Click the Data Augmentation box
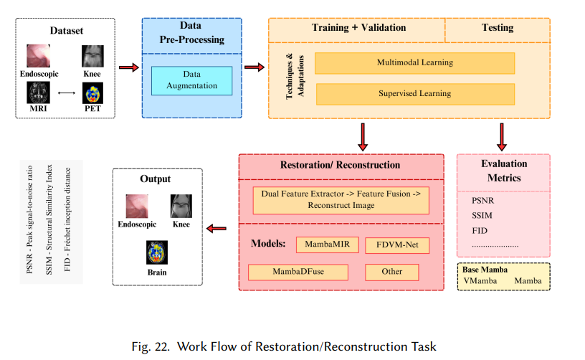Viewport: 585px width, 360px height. click(191, 80)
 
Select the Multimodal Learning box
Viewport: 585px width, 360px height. click(415, 63)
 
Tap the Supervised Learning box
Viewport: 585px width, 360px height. click(415, 94)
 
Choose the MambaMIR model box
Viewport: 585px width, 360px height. click(327, 245)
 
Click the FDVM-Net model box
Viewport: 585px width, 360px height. click(397, 245)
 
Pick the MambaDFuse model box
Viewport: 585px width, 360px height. click(298, 272)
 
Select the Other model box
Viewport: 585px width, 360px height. click(391, 272)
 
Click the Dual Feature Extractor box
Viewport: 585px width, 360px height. click(341, 200)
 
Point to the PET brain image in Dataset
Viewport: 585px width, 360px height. click(92, 93)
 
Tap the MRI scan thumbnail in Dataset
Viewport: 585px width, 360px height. click(38, 93)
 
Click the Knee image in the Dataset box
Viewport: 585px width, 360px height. click(92, 56)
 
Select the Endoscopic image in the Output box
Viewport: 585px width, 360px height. click(137, 206)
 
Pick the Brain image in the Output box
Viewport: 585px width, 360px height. click(157, 252)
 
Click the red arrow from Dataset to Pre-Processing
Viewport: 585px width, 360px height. click(129, 67)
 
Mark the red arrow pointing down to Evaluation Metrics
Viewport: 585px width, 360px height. click(502, 137)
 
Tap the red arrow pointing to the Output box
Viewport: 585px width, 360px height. click(217, 228)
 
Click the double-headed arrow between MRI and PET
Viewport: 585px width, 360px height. click(67, 93)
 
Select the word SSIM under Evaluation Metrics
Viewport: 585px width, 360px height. click(482, 216)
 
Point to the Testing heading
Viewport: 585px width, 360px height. click(498, 27)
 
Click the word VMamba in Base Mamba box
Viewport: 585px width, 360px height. click(480, 281)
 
